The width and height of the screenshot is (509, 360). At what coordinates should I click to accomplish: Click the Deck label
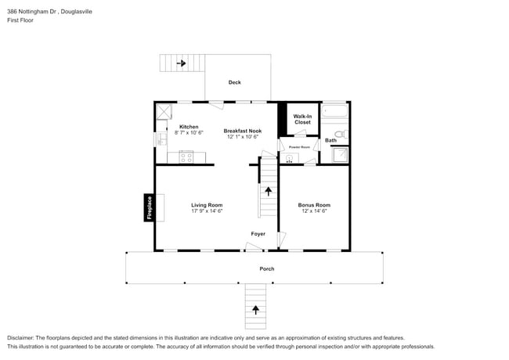tap(235, 82)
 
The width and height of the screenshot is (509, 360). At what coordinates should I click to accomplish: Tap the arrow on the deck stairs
tap(181, 63)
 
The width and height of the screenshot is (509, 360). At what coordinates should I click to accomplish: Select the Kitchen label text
tap(189, 127)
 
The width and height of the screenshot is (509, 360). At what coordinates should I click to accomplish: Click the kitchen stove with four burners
tap(187, 157)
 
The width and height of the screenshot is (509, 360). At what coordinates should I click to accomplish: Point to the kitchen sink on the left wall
tap(159, 139)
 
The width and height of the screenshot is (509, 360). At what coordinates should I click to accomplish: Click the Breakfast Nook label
tap(243, 131)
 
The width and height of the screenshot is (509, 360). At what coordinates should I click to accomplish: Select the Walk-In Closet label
tap(302, 119)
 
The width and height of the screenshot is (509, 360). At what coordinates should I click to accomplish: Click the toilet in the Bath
tap(340, 135)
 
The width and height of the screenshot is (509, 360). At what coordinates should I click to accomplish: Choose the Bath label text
tap(330, 141)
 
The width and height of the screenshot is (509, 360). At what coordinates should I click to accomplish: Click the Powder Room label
tap(300, 147)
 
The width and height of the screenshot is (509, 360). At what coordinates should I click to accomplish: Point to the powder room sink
tap(289, 158)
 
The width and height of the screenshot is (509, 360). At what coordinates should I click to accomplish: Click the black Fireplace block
tap(148, 207)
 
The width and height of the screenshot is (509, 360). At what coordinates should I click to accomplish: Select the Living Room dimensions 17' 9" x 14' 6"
tap(207, 211)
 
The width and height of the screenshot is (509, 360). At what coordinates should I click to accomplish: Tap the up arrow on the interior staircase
tap(269, 189)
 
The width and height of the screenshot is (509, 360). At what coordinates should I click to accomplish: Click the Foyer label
tap(258, 234)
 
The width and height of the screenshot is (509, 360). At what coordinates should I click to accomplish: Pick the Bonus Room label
tap(313, 205)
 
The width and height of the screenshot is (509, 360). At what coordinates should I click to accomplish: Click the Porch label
tap(267, 268)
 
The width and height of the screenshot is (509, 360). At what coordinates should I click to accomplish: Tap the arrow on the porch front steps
tap(254, 311)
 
